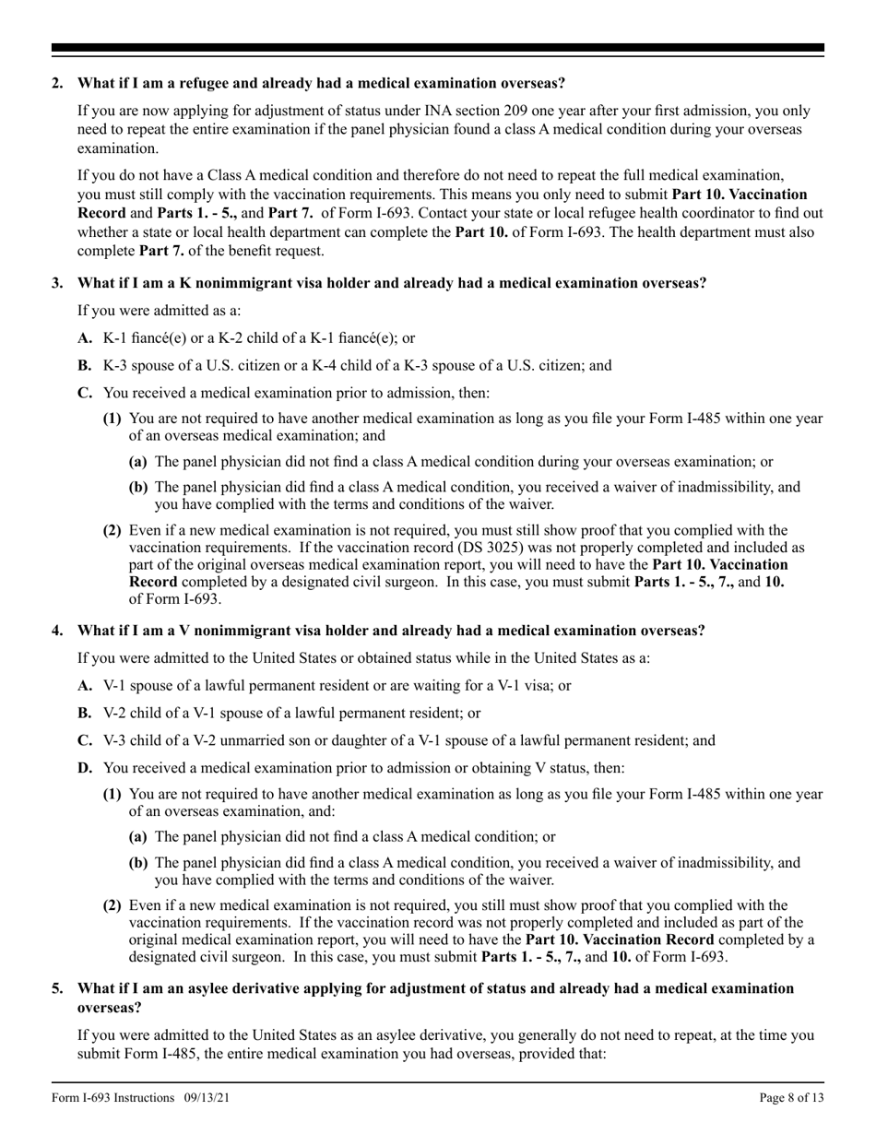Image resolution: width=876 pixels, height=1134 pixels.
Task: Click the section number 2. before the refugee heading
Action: click(x=57, y=83)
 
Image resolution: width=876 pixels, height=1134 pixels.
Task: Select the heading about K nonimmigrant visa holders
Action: click(x=391, y=283)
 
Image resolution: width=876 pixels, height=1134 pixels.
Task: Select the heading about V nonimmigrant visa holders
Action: click(x=391, y=631)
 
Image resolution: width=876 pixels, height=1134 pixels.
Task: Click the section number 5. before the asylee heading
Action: click(x=57, y=988)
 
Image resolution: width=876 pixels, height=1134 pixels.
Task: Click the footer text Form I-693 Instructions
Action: click(x=112, y=1097)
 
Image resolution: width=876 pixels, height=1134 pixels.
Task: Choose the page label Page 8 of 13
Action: click(x=791, y=1097)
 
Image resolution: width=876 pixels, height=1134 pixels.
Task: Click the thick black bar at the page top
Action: click(x=437, y=48)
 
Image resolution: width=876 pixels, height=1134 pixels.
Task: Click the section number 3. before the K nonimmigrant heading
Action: click(x=57, y=283)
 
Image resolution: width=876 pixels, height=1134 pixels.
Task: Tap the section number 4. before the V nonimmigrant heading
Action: click(x=57, y=631)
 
